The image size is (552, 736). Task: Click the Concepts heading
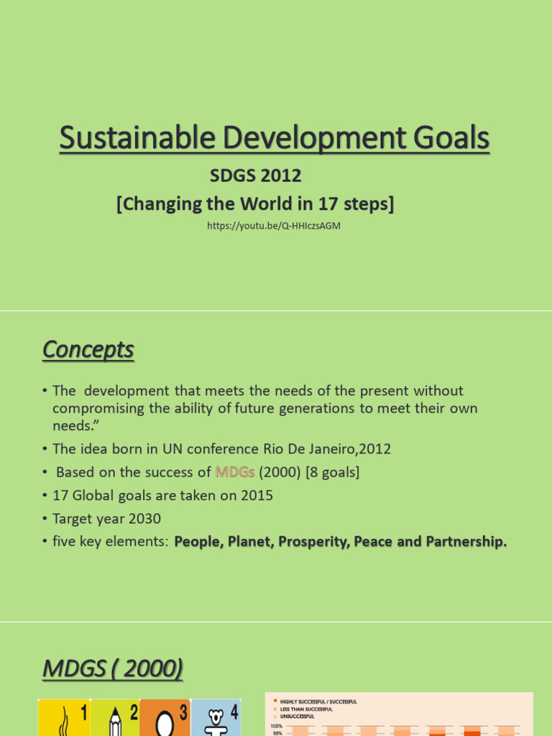tap(88, 350)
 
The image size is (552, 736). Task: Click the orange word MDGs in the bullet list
tap(235, 472)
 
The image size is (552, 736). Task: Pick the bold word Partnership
tap(467, 542)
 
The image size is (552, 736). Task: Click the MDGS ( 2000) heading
tap(112, 670)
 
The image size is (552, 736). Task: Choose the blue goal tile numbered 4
tap(216, 717)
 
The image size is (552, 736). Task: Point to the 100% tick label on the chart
tap(277, 727)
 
